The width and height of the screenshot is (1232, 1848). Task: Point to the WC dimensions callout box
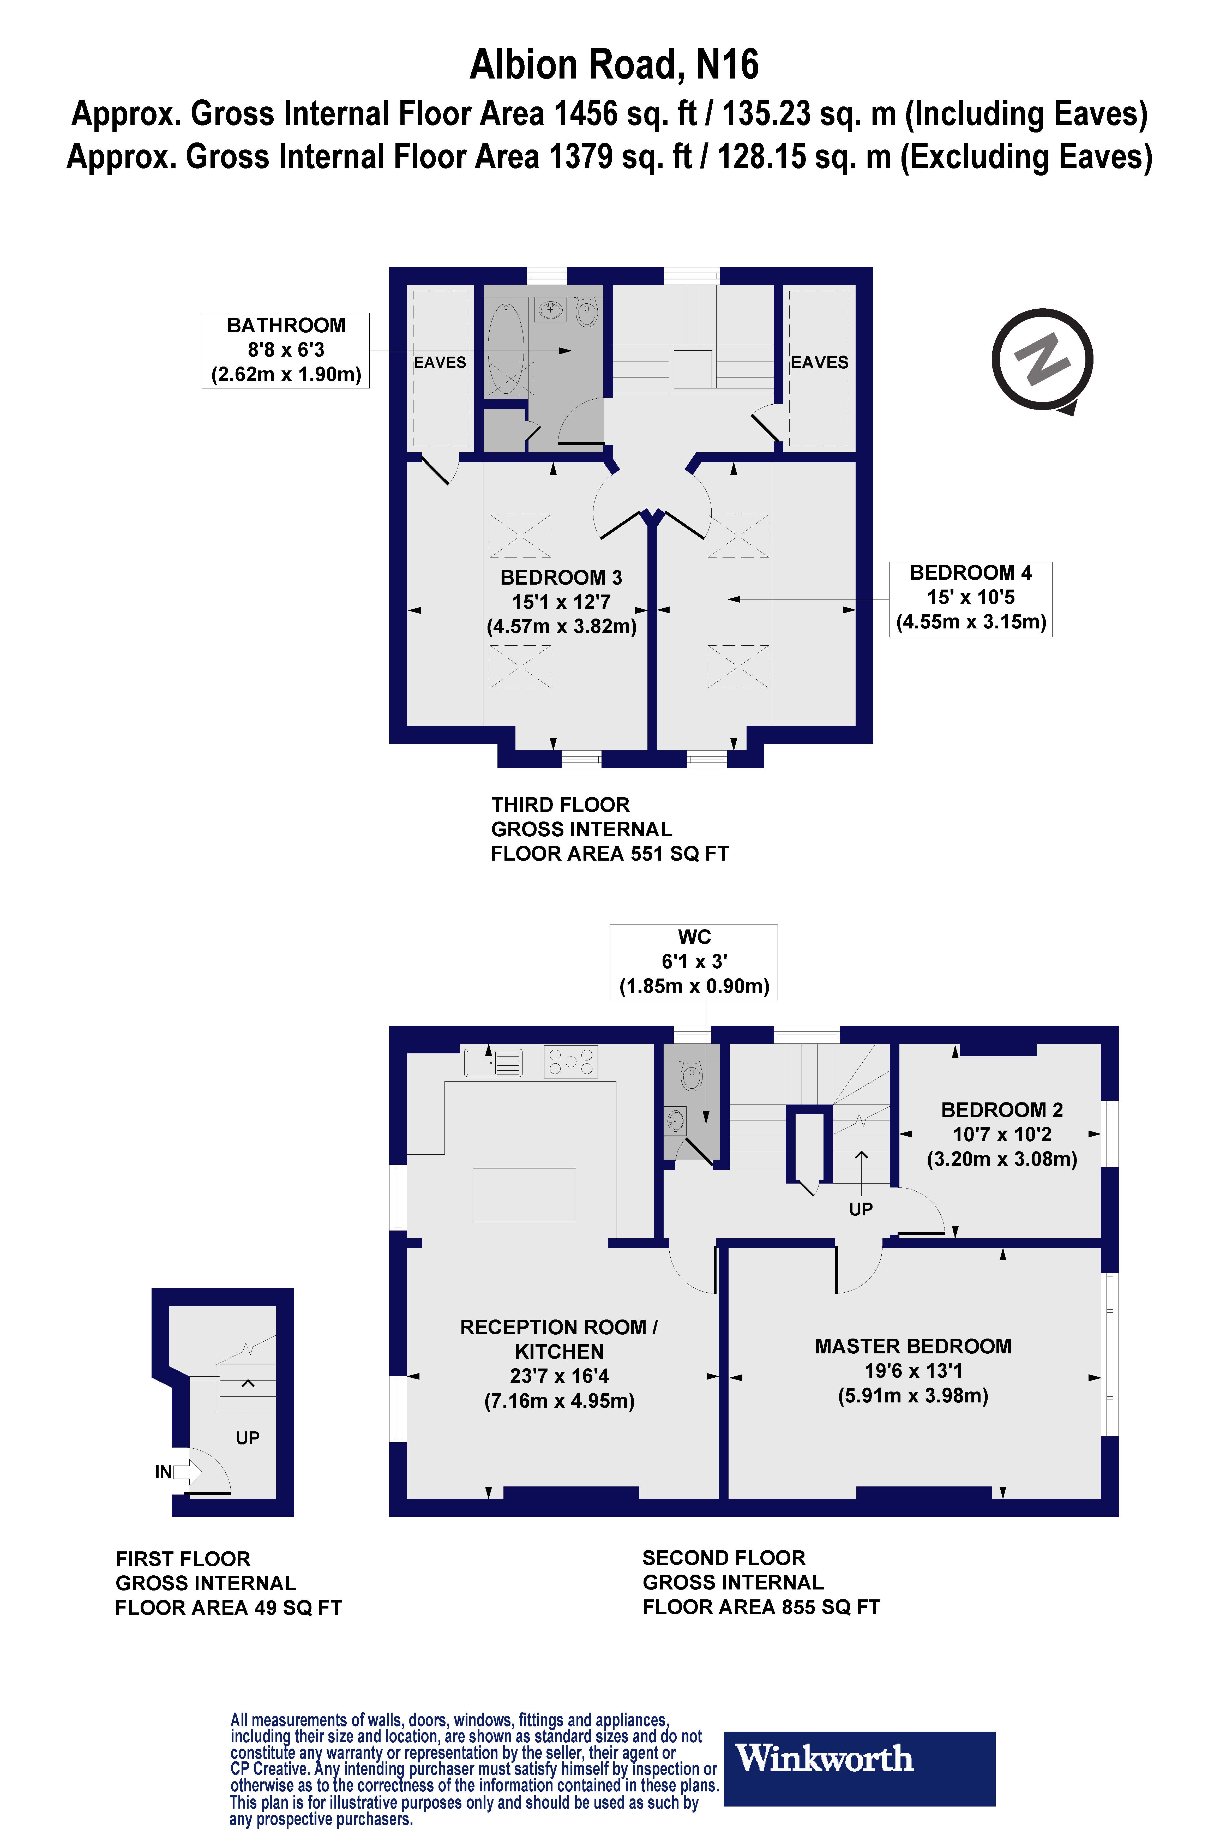pos(694,962)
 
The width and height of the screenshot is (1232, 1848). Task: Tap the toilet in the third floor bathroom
pos(586,312)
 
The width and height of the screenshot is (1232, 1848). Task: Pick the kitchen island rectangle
pos(524,1194)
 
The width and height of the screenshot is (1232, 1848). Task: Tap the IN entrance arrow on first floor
pos(185,1472)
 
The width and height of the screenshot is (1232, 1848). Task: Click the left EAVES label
pos(440,362)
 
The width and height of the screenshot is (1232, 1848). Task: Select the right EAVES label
pos(820,362)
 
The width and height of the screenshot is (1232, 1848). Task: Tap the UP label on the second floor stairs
pos(861,1209)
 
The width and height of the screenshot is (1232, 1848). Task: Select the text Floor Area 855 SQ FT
pos(761,1607)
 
